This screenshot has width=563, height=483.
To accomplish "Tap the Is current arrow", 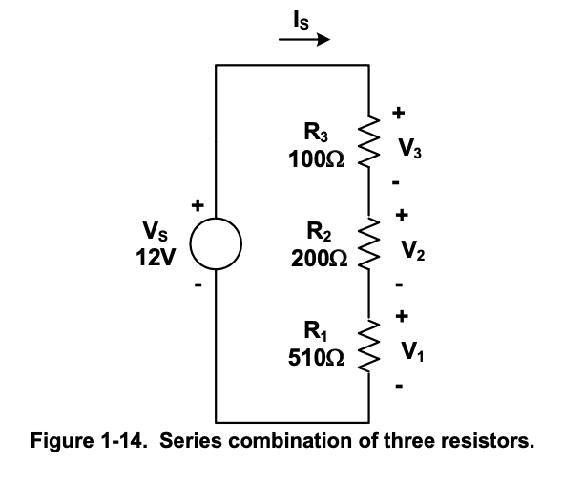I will (x=304, y=41).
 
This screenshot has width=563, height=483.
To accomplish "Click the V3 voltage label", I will (x=411, y=149).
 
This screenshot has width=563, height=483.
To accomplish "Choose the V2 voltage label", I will (x=411, y=251).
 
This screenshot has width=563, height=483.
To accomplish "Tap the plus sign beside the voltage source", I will (x=198, y=204).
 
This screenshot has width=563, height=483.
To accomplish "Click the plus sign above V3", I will (x=401, y=114).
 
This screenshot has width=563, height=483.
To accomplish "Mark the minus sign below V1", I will (x=401, y=388).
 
